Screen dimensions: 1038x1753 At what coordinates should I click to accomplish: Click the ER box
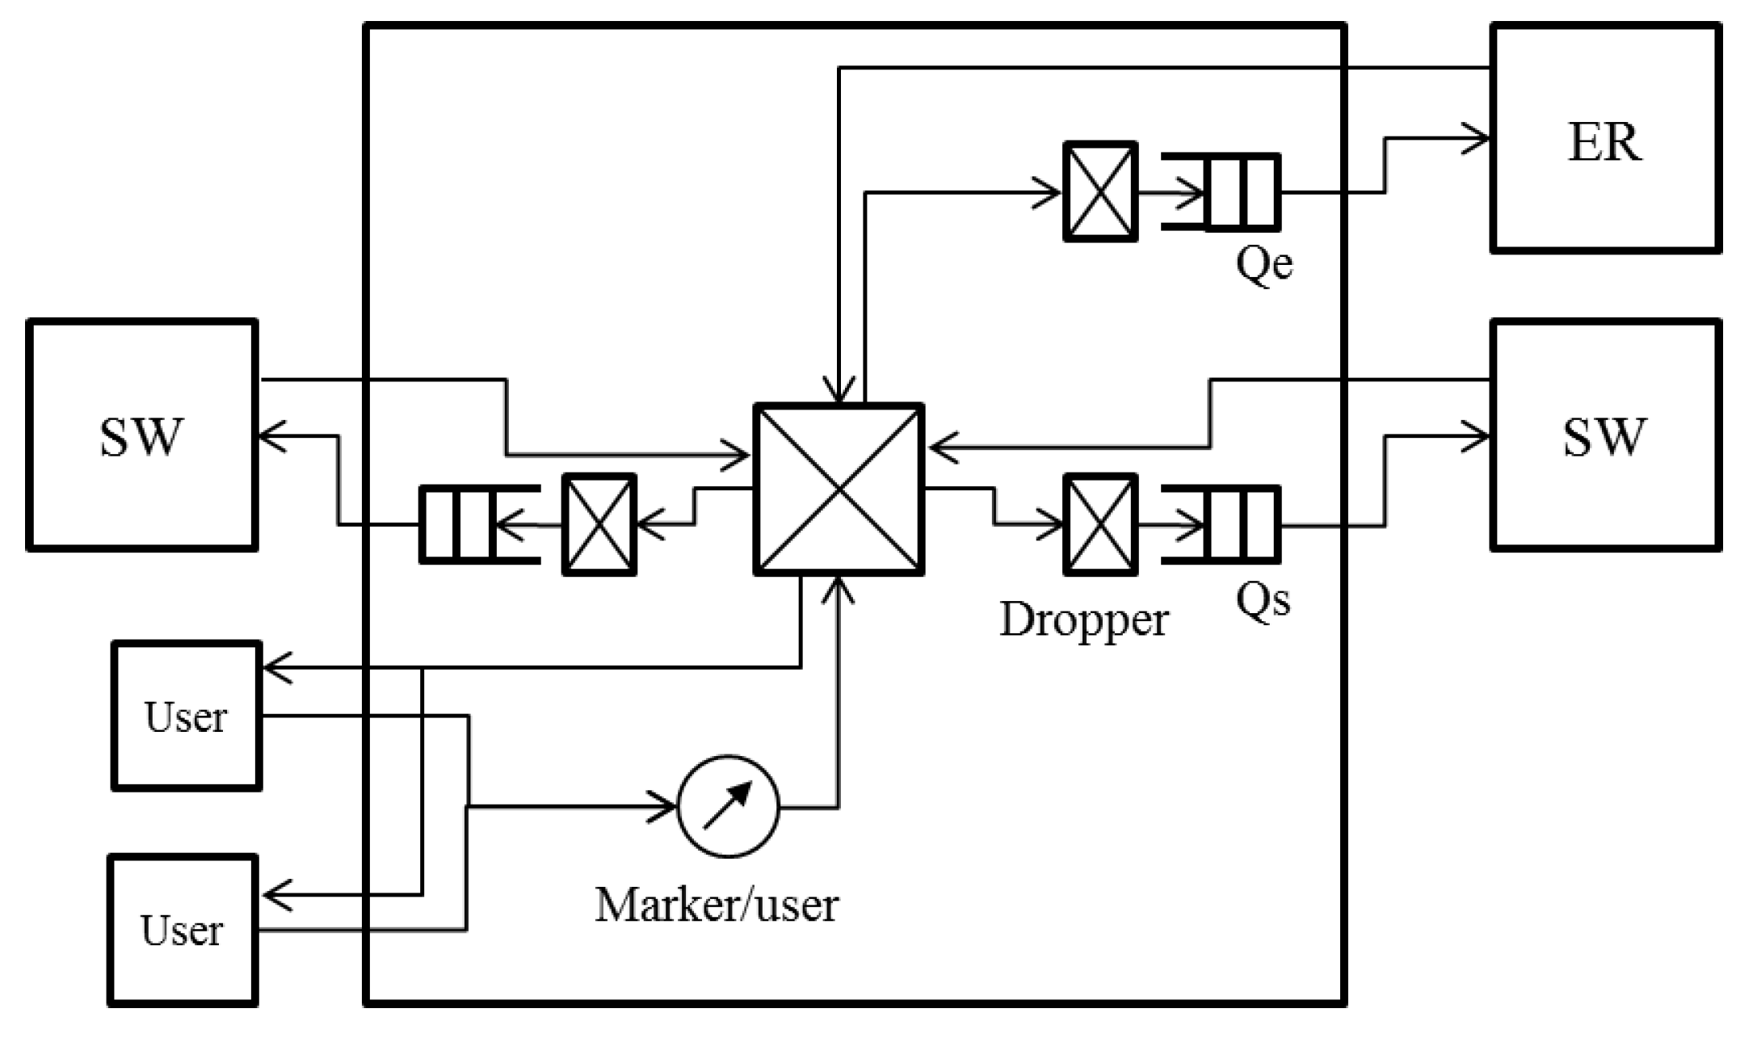click(x=1605, y=138)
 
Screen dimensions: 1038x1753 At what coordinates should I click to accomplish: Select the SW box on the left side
click(x=142, y=435)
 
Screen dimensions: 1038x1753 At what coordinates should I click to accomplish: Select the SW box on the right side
click(x=1605, y=435)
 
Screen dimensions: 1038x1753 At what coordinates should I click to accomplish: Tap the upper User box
click(x=187, y=716)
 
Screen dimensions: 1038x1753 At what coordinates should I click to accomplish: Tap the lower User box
click(x=183, y=931)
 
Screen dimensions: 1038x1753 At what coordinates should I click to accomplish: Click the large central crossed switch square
click(x=839, y=489)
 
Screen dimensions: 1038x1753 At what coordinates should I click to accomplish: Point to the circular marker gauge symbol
click(x=728, y=806)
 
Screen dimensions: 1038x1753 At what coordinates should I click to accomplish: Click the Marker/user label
click(x=717, y=905)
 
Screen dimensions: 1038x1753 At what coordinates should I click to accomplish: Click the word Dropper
click(x=1083, y=620)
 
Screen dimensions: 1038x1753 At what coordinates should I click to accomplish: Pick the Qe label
click(x=1264, y=263)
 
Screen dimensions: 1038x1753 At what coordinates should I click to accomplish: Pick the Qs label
click(x=1263, y=599)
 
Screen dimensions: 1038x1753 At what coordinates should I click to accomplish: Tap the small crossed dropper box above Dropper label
click(x=1100, y=525)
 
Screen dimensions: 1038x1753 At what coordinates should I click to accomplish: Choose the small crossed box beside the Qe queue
click(x=1100, y=192)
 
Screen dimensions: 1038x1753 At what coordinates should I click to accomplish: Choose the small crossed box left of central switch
click(x=599, y=525)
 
